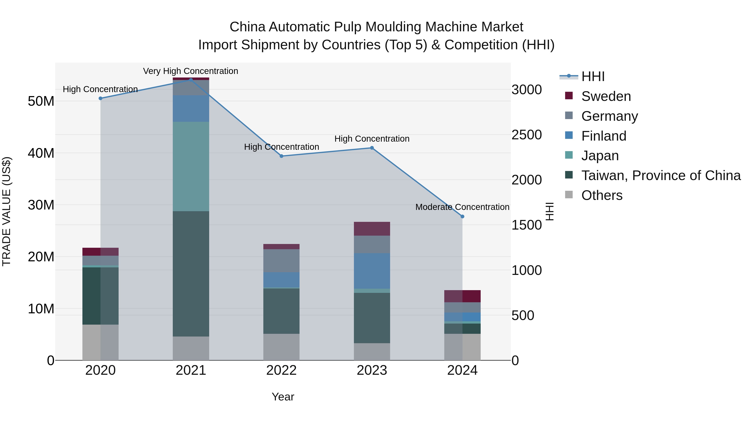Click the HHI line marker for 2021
[x=191, y=80]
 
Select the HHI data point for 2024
[x=462, y=217]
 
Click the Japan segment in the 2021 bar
[x=191, y=166]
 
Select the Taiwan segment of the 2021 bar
[x=191, y=274]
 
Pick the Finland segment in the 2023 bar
[x=372, y=271]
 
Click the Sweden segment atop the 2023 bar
[x=372, y=229]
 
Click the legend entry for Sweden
[x=606, y=96]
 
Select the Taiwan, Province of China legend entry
[x=661, y=175]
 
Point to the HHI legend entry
[x=593, y=76]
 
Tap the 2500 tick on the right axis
[x=526, y=135]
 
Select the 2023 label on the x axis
[x=372, y=370]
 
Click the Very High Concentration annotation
[x=191, y=71]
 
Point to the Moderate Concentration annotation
[x=462, y=207]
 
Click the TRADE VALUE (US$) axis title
[x=6, y=211]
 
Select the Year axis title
[x=283, y=397]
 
